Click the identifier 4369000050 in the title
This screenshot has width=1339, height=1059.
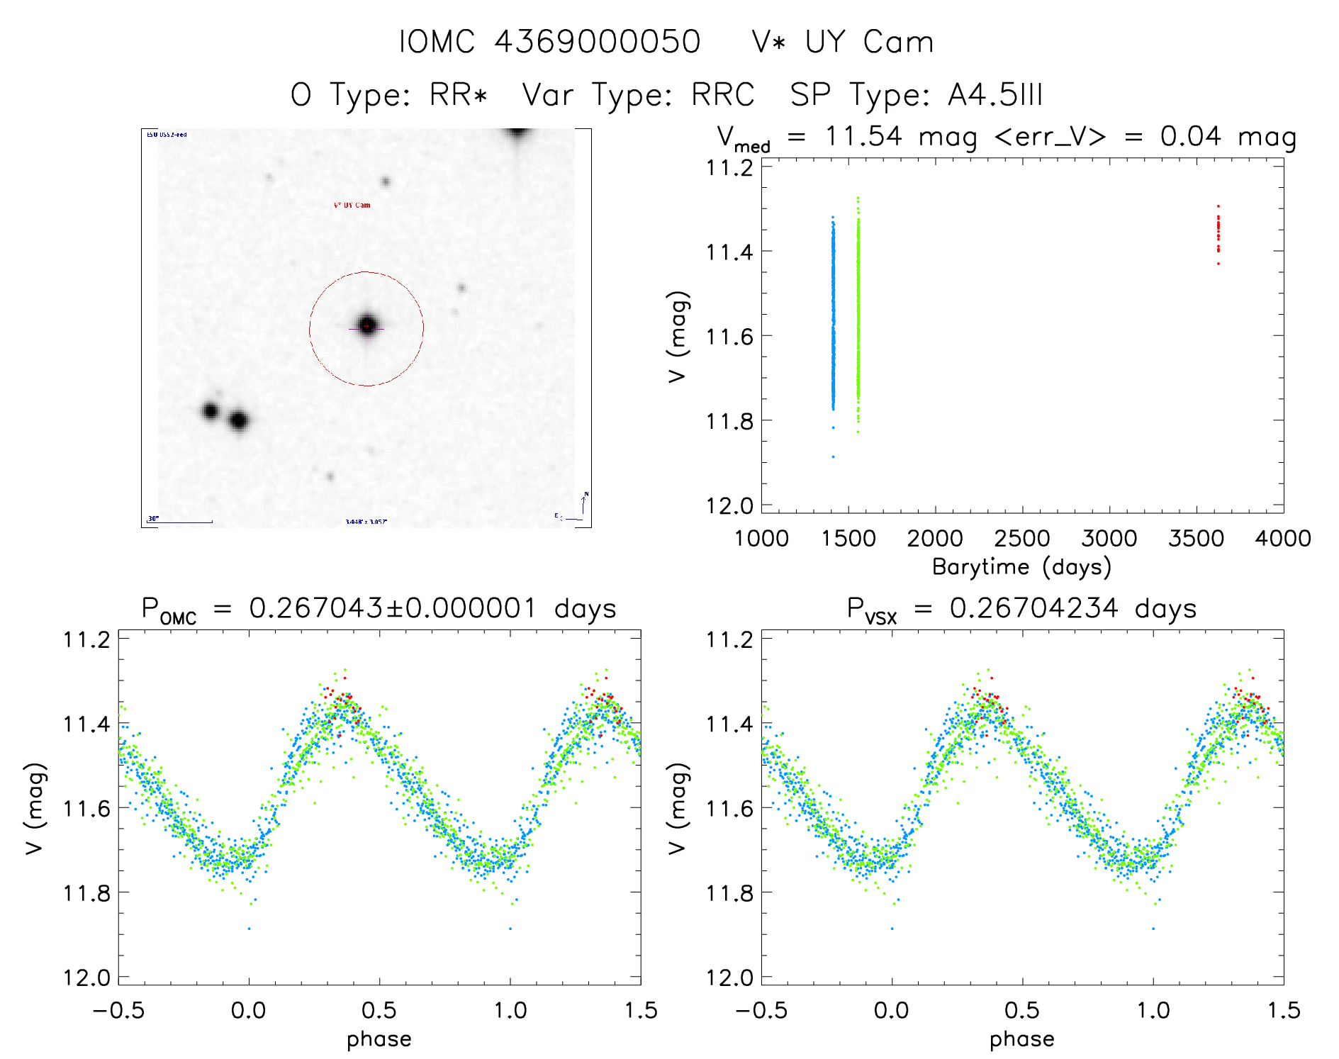(597, 42)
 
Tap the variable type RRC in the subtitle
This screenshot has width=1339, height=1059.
(723, 95)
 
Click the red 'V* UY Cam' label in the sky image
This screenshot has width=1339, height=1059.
(352, 206)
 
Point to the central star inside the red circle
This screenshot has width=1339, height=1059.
(367, 325)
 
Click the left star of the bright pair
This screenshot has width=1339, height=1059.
(210, 410)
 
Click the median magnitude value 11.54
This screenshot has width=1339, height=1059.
(863, 136)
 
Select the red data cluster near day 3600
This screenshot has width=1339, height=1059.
(1218, 234)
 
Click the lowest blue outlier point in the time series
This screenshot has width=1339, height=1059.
(833, 456)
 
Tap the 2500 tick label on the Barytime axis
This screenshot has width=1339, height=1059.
(1022, 539)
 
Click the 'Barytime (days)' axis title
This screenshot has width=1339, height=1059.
(1021, 567)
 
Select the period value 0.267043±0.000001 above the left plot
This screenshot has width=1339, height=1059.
(393, 608)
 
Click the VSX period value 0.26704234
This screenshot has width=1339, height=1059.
(1034, 608)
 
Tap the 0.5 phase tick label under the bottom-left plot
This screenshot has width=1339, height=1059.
(379, 1010)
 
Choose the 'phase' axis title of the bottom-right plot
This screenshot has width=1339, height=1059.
(1021, 1039)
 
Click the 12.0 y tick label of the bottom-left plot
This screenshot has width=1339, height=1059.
(86, 978)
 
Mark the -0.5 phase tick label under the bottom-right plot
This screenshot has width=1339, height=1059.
(761, 1010)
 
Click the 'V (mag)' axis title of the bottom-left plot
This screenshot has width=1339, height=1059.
(35, 808)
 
